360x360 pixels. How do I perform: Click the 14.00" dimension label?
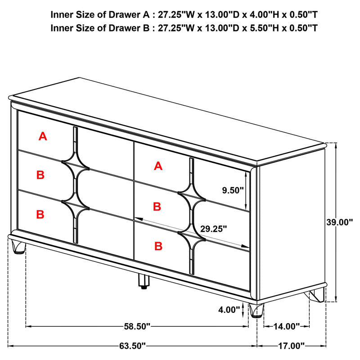pyautogui.click(x=287, y=325)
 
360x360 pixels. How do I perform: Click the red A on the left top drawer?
pyautogui.click(x=43, y=136)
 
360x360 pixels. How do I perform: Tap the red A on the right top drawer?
pyautogui.click(x=157, y=166)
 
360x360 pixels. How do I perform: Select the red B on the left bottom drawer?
pyautogui.click(x=40, y=214)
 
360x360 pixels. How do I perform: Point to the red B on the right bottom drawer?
pyautogui.click(x=158, y=246)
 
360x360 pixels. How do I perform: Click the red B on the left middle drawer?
pyautogui.click(x=40, y=175)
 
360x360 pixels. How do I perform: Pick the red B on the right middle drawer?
pyautogui.click(x=157, y=207)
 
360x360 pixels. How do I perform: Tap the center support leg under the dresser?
pyautogui.click(x=143, y=282)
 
